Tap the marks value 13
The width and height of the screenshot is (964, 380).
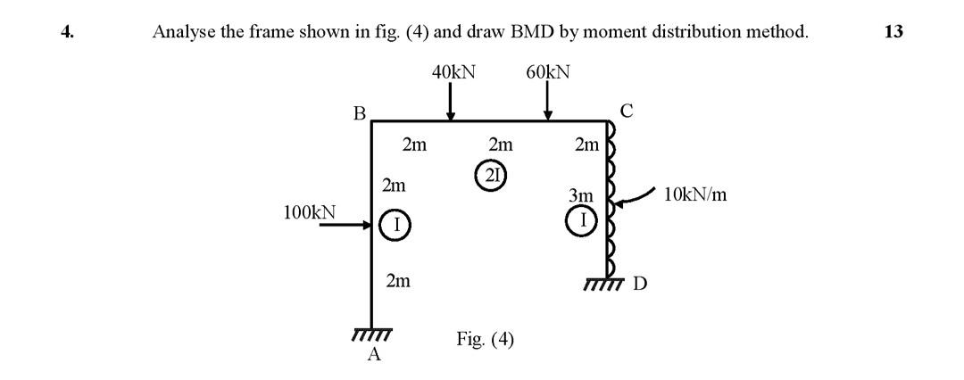pos(893,32)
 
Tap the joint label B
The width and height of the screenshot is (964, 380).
pos(359,113)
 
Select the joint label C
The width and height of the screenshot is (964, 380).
pos(626,111)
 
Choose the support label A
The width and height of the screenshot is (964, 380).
pos(375,355)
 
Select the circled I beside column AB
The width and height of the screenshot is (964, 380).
pos(395,225)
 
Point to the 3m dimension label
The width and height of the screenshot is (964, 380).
pos(581,195)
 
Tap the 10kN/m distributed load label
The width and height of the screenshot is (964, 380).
pos(695,194)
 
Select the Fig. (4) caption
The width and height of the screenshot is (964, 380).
pos(485,340)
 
